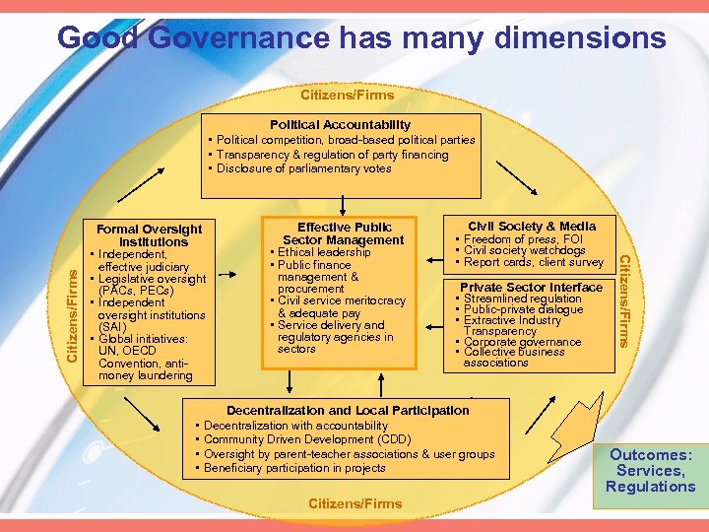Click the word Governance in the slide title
click(239, 38)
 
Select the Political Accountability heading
click(341, 125)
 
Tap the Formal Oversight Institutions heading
click(151, 235)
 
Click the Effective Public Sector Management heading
click(344, 233)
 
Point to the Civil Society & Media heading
click(532, 226)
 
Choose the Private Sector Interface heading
click(532, 288)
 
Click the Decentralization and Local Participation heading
click(349, 410)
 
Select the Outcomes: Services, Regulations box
click(651, 471)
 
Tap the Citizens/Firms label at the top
click(347, 96)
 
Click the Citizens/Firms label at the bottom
click(355, 503)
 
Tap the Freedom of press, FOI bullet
click(522, 239)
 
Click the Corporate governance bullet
click(522, 342)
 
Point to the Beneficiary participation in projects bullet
click(294, 468)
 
